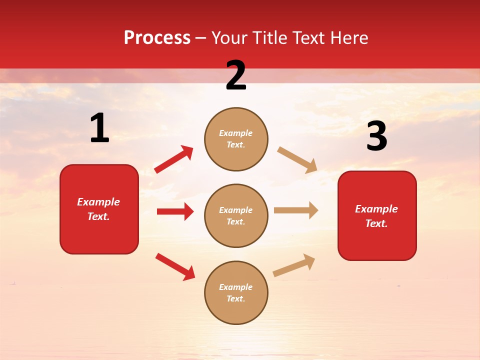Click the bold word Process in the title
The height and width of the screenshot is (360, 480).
(x=157, y=38)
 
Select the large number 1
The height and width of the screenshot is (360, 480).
(x=99, y=128)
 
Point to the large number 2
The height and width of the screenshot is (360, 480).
(x=236, y=75)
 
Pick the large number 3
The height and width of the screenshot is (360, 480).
(x=376, y=136)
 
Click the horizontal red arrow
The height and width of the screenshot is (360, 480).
(x=175, y=211)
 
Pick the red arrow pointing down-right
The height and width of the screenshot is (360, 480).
(x=175, y=266)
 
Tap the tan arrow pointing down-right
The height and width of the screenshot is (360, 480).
(x=297, y=159)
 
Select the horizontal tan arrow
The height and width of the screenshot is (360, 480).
(x=296, y=210)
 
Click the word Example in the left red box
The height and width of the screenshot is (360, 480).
(x=98, y=202)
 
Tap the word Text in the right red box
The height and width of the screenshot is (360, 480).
(x=376, y=223)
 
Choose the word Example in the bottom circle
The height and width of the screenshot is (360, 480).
(x=236, y=287)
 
